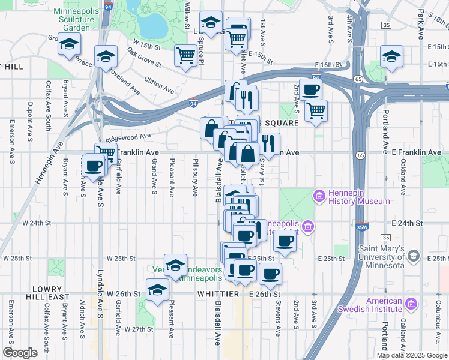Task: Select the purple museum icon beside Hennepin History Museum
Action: click(318, 196)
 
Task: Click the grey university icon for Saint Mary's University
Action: click(413, 256)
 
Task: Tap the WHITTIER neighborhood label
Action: click(218, 294)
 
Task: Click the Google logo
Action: click(20, 353)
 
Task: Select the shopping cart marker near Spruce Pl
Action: click(186, 56)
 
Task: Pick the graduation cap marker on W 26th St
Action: click(157, 290)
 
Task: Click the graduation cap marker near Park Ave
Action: click(391, 56)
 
